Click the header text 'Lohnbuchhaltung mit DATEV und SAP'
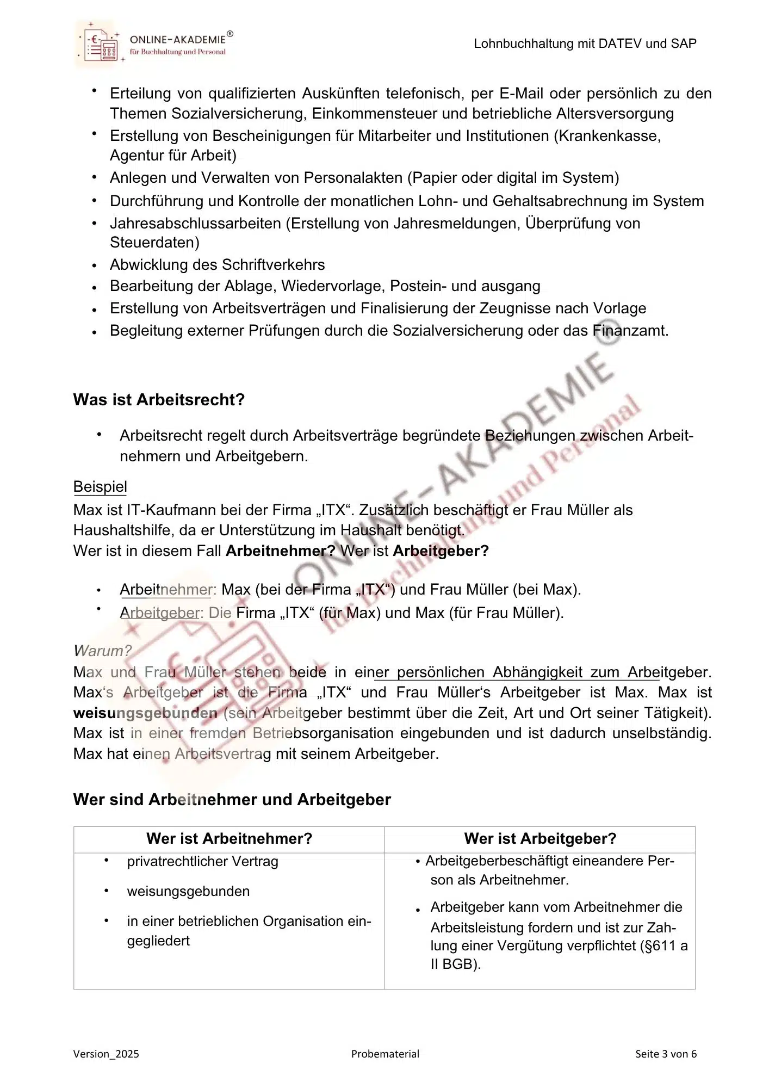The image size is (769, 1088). [585, 44]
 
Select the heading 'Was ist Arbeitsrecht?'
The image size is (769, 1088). [159, 400]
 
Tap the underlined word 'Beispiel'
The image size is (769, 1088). [100, 487]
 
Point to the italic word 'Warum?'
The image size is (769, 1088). [102, 651]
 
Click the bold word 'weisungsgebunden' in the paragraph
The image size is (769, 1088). [145, 713]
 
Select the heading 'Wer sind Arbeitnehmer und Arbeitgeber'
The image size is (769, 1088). [232, 800]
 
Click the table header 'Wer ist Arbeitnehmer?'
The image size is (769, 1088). [229, 838]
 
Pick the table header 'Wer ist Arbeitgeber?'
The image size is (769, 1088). [539, 838]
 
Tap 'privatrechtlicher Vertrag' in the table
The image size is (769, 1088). [202, 862]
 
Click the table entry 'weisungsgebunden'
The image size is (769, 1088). [188, 892]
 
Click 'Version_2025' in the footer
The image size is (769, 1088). [106, 1054]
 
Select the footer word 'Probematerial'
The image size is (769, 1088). [385, 1054]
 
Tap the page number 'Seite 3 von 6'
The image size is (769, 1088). [666, 1054]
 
